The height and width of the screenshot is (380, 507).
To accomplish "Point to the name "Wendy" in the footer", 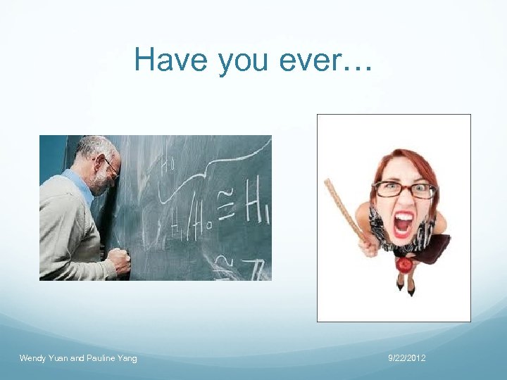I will point(32,359).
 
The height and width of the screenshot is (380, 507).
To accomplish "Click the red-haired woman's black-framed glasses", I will point(404,189).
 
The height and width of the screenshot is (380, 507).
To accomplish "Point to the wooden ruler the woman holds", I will point(344,207).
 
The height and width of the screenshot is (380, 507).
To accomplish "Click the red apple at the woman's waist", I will point(403,265).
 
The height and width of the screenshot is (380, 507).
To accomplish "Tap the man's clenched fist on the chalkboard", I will point(120,261).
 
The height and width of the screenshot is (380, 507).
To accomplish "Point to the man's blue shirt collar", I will point(82,183).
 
